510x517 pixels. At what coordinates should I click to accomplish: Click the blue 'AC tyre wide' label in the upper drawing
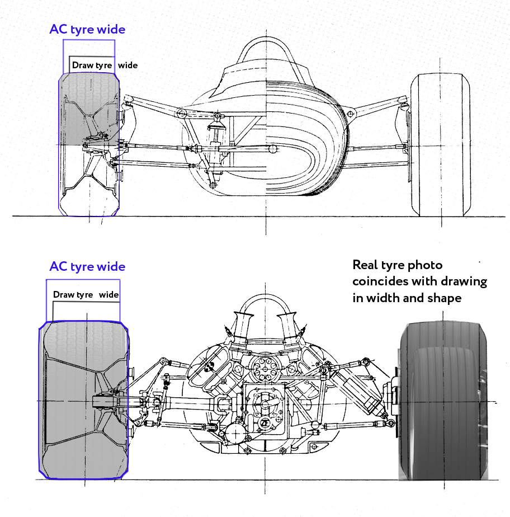point(87,30)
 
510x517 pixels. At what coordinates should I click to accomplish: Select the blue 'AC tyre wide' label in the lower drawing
point(87,267)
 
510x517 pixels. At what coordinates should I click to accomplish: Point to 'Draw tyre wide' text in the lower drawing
point(86,295)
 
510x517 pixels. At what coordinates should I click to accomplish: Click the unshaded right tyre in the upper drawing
point(438,145)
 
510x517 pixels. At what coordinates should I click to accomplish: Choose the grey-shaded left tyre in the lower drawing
point(84,400)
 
